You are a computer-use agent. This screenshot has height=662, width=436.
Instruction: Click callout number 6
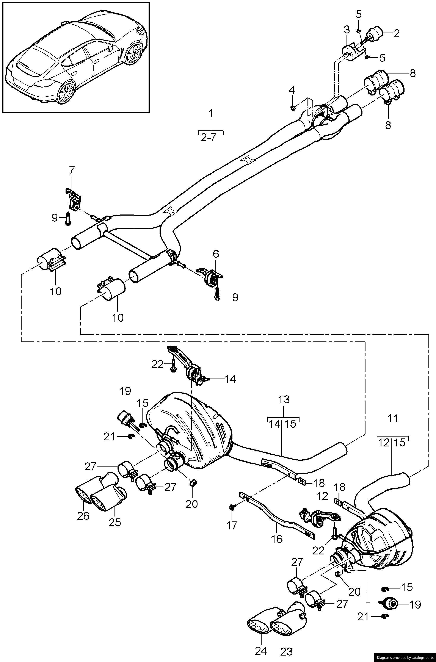(216, 254)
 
